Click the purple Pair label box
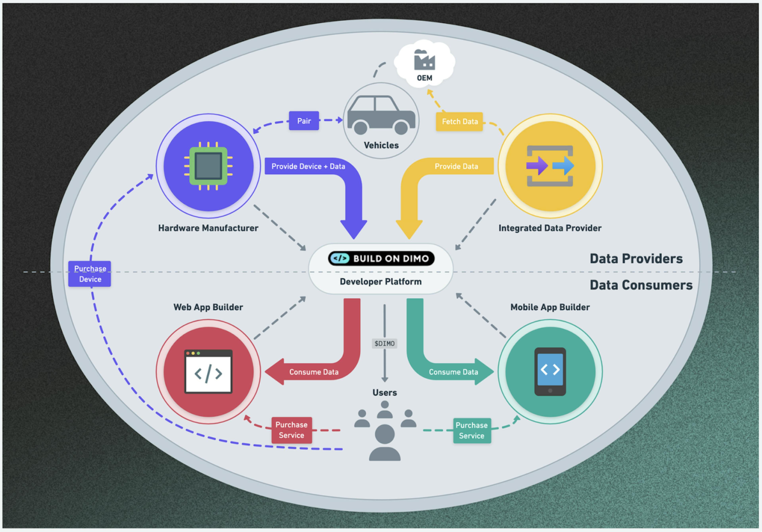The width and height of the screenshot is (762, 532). coord(304,121)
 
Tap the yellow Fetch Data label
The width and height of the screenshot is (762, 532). coord(459,122)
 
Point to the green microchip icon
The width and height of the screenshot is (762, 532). coord(208,166)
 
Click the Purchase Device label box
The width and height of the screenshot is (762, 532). coord(90,274)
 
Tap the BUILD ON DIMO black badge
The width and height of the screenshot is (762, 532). coord(381,258)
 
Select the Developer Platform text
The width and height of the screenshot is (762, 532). coord(381,282)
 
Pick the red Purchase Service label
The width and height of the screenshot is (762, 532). coord(291,430)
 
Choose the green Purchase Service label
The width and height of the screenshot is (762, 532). coord(472,430)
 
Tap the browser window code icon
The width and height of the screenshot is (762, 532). coord(208,371)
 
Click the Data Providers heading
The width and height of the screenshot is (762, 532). coord(636,258)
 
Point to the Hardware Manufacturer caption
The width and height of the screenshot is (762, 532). coord(208,228)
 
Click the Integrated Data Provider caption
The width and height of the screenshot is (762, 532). coord(550,228)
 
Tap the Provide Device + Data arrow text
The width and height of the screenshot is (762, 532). coord(308,166)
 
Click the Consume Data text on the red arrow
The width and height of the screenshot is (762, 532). coord(314,372)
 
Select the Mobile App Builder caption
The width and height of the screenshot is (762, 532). coord(550,307)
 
